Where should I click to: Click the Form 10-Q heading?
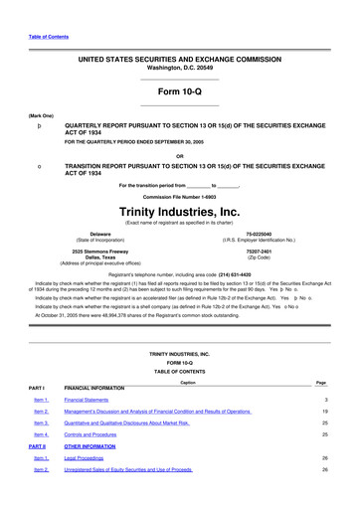pyautogui.click(x=180, y=91)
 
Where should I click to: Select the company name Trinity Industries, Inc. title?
pyautogui.click(x=180, y=212)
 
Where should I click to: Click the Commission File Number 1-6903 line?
pyautogui.click(x=180, y=198)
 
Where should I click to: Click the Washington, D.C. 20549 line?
pyautogui.click(x=180, y=69)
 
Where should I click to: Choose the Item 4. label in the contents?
pyautogui.click(x=41, y=435)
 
